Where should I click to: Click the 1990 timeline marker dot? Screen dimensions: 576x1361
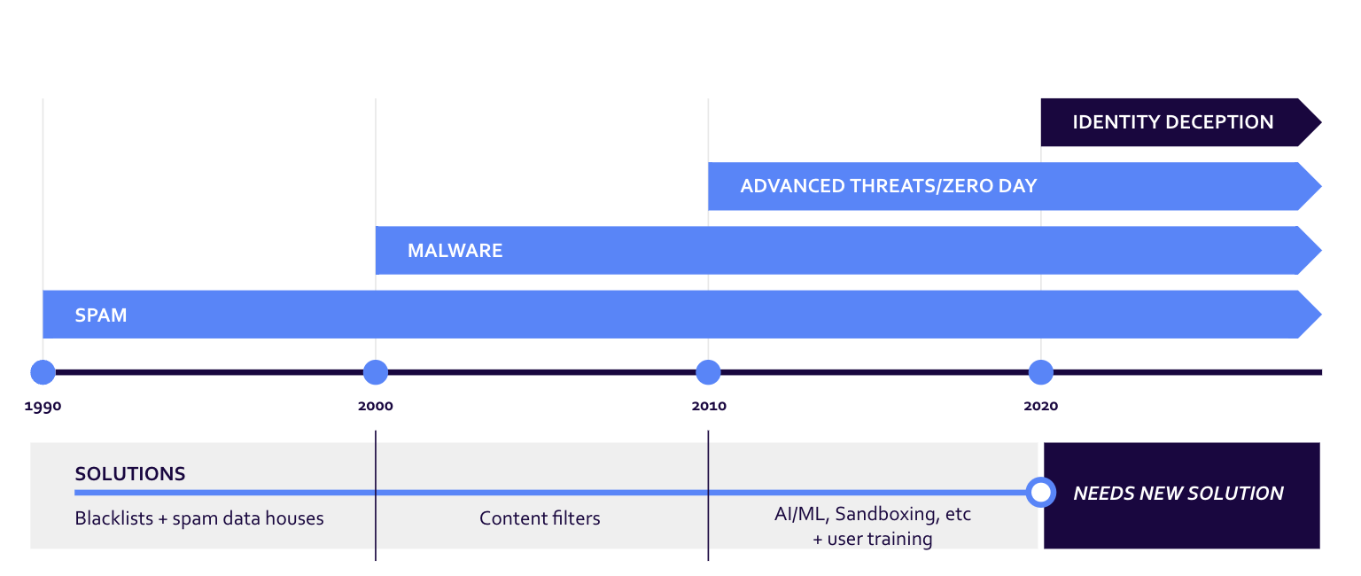[43, 372]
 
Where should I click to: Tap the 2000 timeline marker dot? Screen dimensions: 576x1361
[376, 372]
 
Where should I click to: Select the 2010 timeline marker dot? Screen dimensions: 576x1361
[708, 372]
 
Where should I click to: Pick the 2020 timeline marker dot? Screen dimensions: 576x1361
[1041, 372]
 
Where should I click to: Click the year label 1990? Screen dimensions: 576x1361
[43, 407]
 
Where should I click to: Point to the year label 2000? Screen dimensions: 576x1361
[376, 407]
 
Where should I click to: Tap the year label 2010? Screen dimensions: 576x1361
[708, 407]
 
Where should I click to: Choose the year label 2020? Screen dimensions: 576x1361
[1041, 407]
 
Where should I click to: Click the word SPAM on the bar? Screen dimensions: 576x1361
[101, 315]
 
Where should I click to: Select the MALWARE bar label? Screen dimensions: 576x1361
[455, 251]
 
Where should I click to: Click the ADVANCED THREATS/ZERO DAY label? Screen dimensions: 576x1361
[889, 187]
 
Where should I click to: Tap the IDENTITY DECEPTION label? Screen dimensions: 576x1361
[1173, 122]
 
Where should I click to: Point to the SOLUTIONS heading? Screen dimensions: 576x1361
[130, 474]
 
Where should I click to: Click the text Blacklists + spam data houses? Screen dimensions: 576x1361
[199, 518]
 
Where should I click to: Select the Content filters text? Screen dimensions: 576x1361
[540, 518]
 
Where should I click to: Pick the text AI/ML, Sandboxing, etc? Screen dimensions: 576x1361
[873, 514]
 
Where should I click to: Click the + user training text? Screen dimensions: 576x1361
[873, 539]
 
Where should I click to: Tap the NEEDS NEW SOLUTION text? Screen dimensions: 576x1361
[1178, 494]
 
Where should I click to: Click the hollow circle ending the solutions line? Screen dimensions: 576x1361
[1041, 492]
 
